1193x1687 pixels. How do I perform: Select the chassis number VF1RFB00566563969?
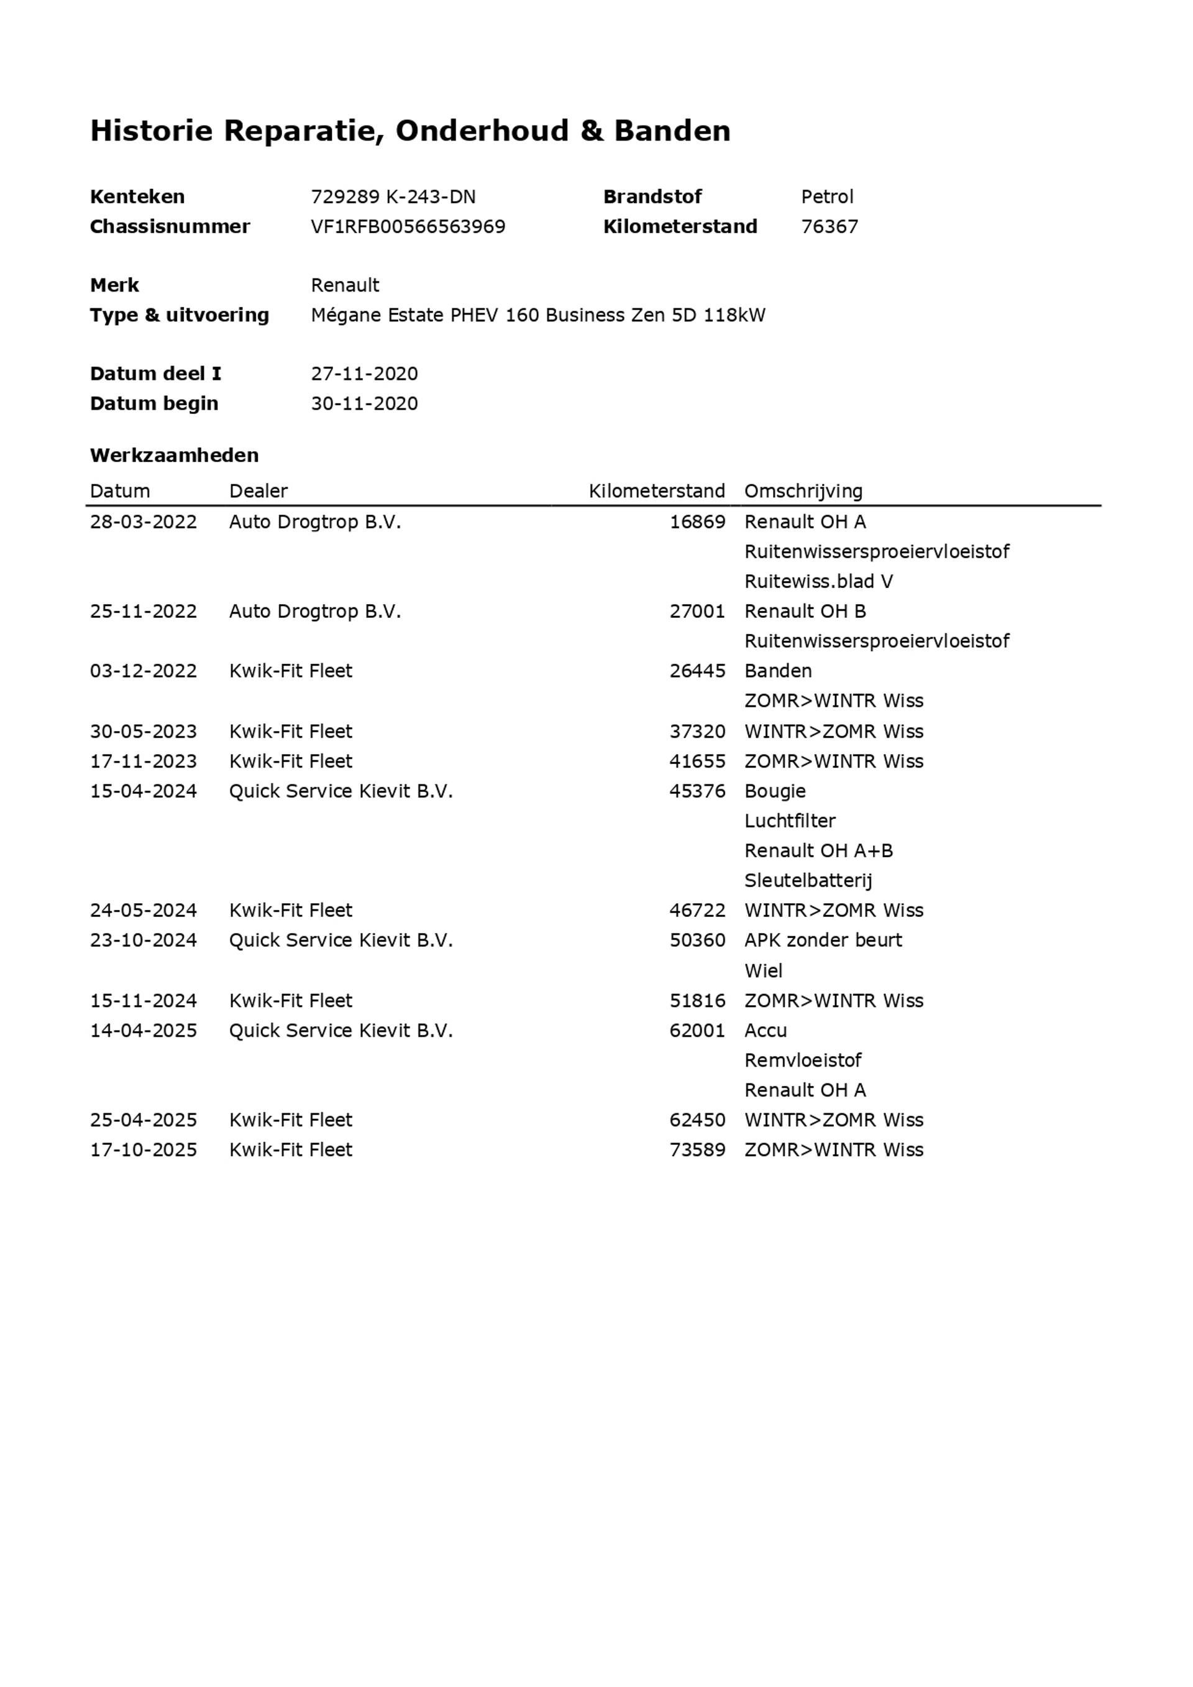408,226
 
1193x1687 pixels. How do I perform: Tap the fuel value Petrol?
826,197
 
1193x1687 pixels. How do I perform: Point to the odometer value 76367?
830,226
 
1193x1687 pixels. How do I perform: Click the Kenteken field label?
137,197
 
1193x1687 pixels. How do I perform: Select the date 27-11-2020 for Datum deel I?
363,374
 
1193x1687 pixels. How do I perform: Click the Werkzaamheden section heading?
174,456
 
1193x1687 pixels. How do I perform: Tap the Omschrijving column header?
803,491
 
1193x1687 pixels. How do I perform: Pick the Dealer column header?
258,491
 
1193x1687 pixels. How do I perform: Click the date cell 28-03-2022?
144,522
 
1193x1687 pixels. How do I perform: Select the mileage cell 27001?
697,611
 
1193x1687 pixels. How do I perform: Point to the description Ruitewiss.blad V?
818,582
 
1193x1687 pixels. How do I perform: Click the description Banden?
778,671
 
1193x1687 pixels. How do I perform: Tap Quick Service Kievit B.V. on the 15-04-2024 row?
341,791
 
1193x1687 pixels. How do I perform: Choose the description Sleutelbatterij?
808,880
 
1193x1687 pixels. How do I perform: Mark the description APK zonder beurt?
823,940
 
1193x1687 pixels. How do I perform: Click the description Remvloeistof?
802,1060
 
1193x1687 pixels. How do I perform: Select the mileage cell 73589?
697,1150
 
